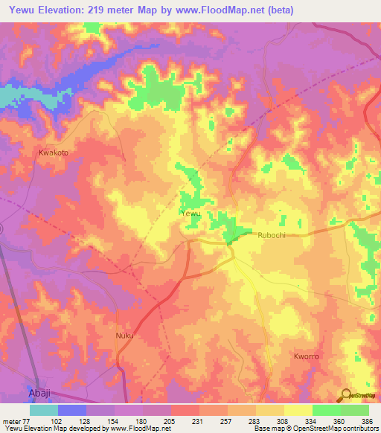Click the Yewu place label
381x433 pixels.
(x=191, y=214)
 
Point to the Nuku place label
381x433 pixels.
(x=124, y=336)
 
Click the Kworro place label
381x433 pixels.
(x=306, y=357)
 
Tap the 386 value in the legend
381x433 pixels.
(x=368, y=422)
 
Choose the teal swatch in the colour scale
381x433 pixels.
(x=43, y=410)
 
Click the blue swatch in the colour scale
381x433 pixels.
(x=72, y=410)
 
